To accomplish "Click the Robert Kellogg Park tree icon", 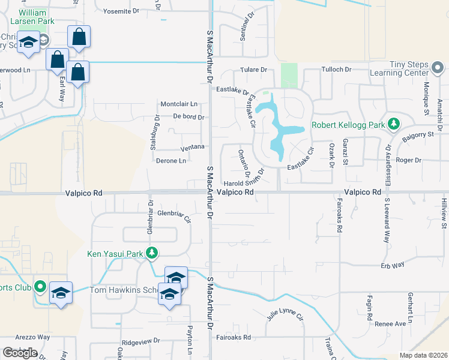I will (394, 124).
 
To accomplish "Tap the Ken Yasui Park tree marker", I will (152, 253).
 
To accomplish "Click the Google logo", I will (20, 353).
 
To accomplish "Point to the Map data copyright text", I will (424, 355).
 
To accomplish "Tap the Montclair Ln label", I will (178, 104).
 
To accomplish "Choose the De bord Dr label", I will (188, 117).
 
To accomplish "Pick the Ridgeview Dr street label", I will (140, 340).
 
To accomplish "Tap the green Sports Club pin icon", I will (40, 287).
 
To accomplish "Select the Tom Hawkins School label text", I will (123, 290).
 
